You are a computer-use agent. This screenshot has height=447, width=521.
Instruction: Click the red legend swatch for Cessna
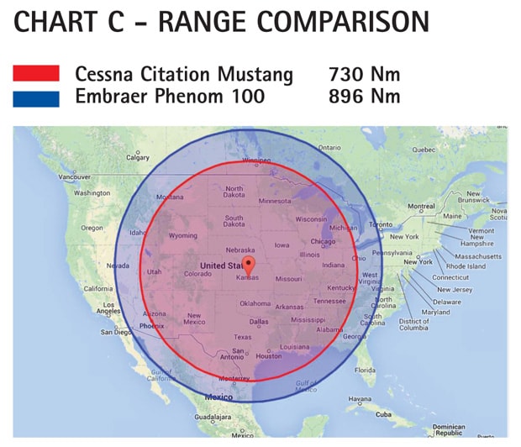pyautogui.click(x=36, y=74)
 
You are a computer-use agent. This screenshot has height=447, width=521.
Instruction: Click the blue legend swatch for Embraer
pyautogui.click(x=36, y=98)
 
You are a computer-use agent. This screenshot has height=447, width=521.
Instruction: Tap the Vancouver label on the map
pyautogui.click(x=74, y=177)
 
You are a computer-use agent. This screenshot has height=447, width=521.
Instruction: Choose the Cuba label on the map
pyautogui.click(x=384, y=414)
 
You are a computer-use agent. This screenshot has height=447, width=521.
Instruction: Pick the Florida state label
pyautogui.click(x=365, y=370)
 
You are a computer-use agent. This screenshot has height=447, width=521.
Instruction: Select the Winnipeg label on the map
pyautogui.click(x=256, y=160)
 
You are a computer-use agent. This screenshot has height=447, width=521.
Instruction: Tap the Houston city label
pyautogui.click(x=269, y=355)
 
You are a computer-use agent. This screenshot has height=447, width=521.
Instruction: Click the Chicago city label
pyautogui.click(x=323, y=242)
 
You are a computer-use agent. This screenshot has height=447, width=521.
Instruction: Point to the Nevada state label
pyautogui.click(x=118, y=266)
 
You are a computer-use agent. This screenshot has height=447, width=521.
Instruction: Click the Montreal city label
pyautogui.click(x=421, y=207)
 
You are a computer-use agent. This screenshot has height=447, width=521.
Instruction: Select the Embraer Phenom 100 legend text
pyautogui.click(x=170, y=97)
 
